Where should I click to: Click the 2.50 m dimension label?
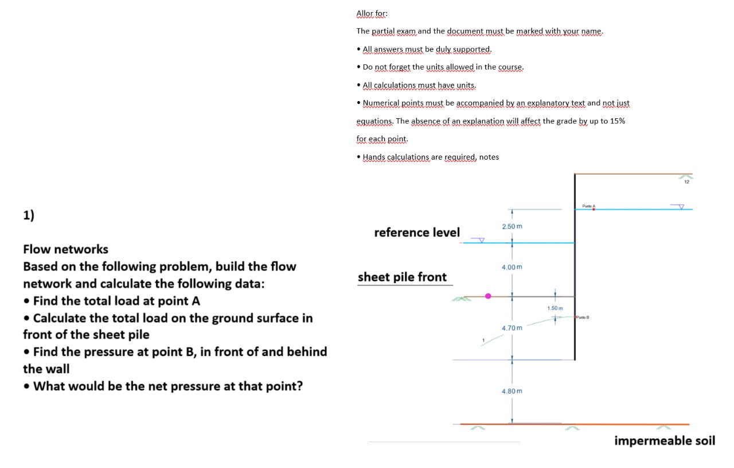pyautogui.click(x=512, y=227)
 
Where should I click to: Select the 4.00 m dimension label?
pyautogui.click(x=512, y=268)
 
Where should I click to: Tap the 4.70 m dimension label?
pyautogui.click(x=512, y=328)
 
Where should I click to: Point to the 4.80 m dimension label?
pyautogui.click(x=512, y=391)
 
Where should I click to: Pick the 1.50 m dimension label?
pyautogui.click(x=555, y=308)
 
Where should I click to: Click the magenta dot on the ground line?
pyautogui.click(x=489, y=296)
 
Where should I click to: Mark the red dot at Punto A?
pyautogui.click(x=594, y=210)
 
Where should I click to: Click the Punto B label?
pyautogui.click(x=584, y=317)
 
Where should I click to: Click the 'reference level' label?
pyautogui.click(x=417, y=233)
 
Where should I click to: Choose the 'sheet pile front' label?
pyautogui.click(x=402, y=277)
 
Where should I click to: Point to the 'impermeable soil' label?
pyautogui.click(x=665, y=441)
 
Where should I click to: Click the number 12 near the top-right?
pyautogui.click(x=686, y=182)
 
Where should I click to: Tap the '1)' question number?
pyautogui.click(x=29, y=216)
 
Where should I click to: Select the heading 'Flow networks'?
pyautogui.click(x=65, y=249)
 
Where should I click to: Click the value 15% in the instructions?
pyautogui.click(x=616, y=121)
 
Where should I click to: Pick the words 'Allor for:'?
pyautogui.click(x=372, y=13)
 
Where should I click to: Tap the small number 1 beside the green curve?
pyautogui.click(x=483, y=341)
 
